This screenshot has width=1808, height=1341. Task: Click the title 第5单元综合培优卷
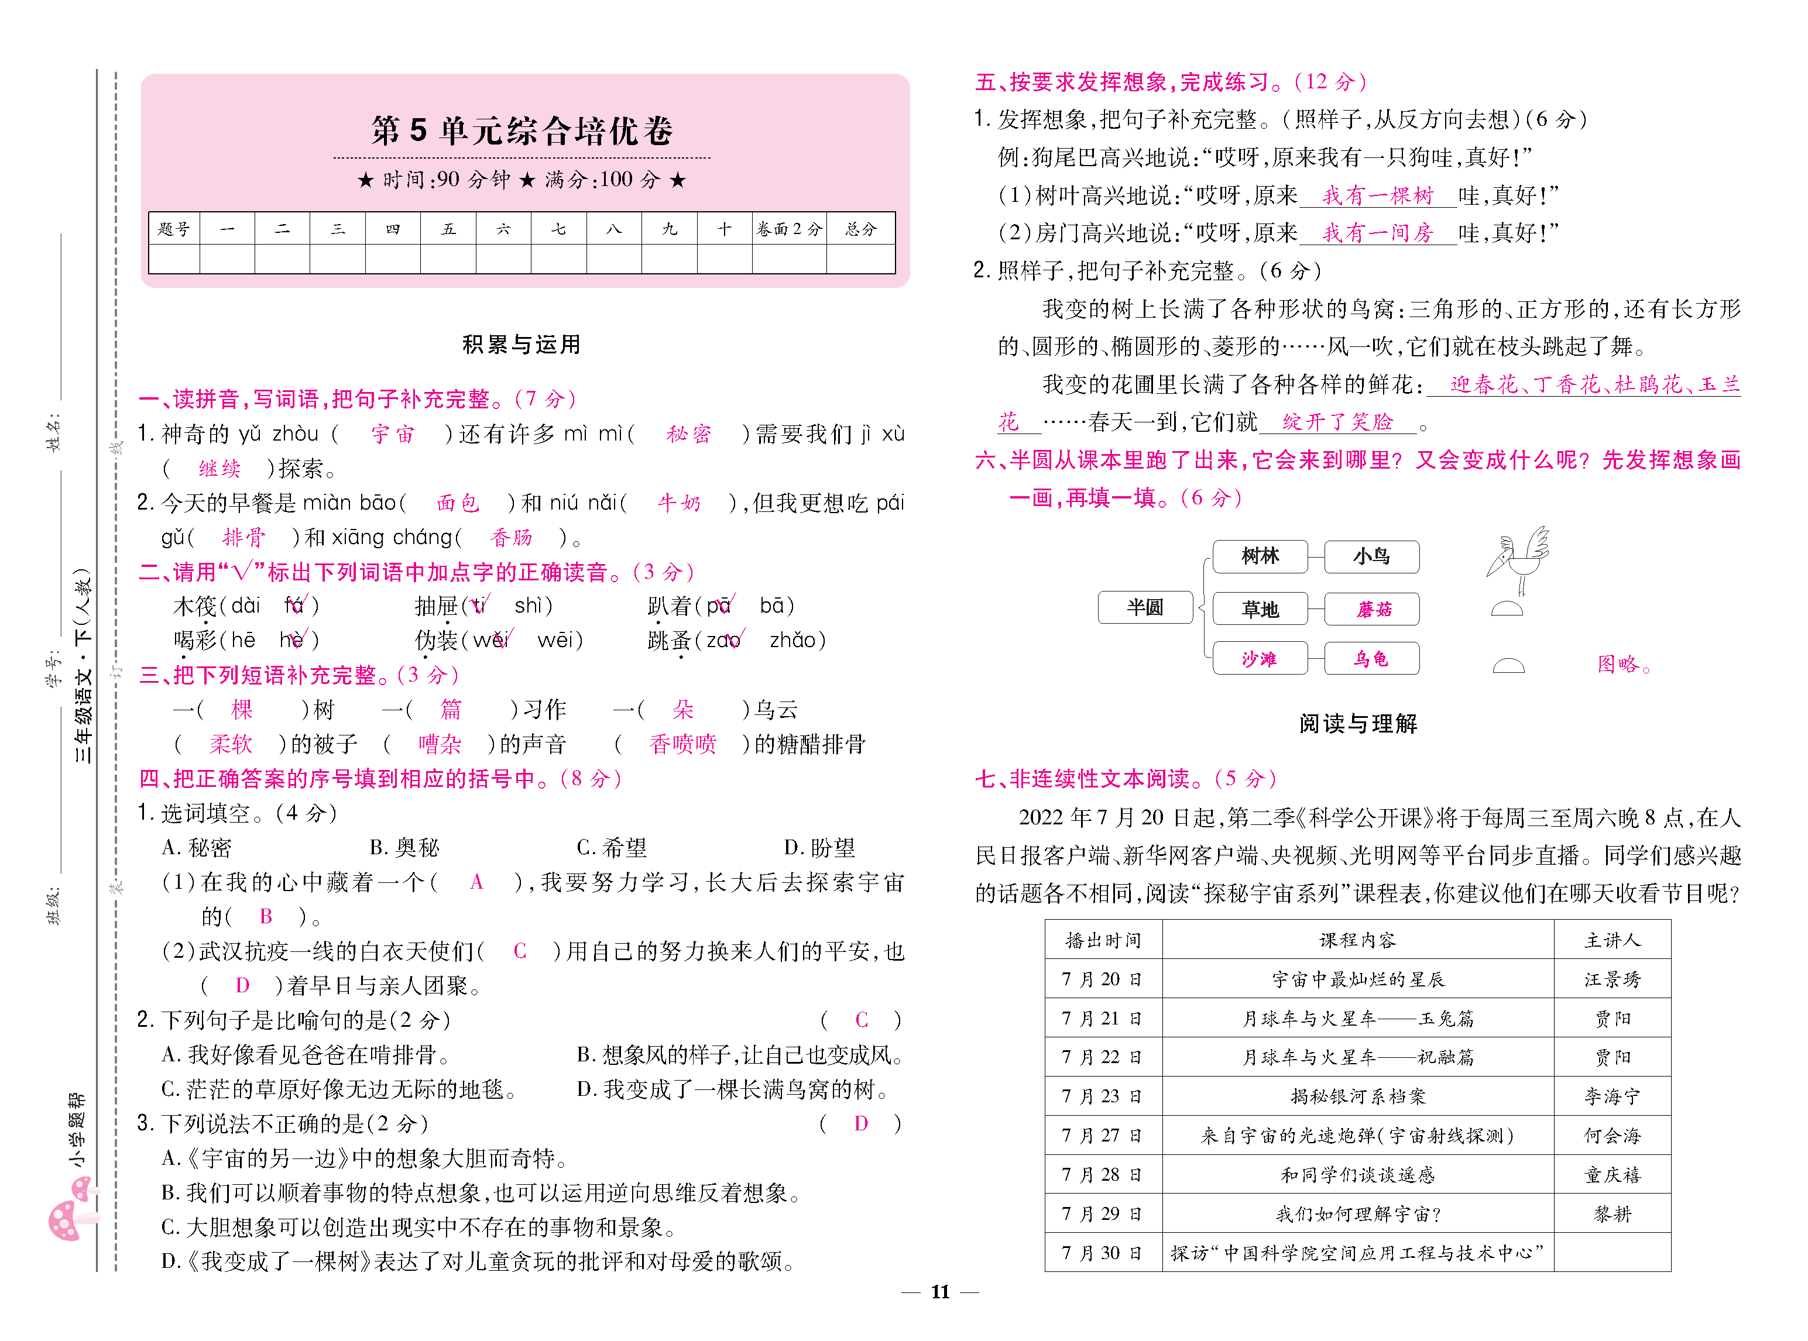pyautogui.click(x=522, y=130)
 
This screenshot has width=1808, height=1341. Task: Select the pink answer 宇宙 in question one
pyautogui.click(x=392, y=434)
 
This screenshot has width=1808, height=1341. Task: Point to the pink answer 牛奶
pyautogui.click(x=679, y=503)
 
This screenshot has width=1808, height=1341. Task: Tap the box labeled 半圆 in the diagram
pyautogui.click(x=1145, y=607)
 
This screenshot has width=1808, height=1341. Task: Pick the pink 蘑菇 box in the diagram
pyautogui.click(x=1372, y=610)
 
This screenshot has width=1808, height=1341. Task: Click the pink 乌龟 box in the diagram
pyautogui.click(x=1371, y=658)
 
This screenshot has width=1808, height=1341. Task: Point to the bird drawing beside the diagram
pyautogui.click(x=1517, y=560)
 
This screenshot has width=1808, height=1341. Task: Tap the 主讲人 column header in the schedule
pyautogui.click(x=1611, y=940)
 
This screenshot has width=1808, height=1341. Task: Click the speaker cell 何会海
pyautogui.click(x=1611, y=1136)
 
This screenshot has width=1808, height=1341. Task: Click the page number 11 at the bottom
pyautogui.click(x=940, y=1291)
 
